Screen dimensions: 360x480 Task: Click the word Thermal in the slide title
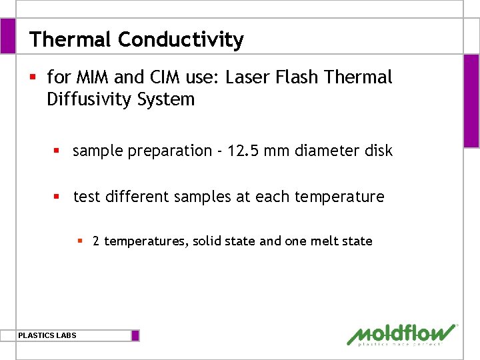[x=71, y=40]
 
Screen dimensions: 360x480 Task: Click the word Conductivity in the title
[x=181, y=40]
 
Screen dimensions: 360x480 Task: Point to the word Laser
[x=246, y=77]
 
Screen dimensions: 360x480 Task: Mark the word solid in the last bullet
[x=207, y=241]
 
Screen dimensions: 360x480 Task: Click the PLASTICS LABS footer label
[x=47, y=335]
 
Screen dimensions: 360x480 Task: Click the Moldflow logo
[x=402, y=334]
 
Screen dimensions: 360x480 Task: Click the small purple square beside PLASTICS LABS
[x=135, y=335]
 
